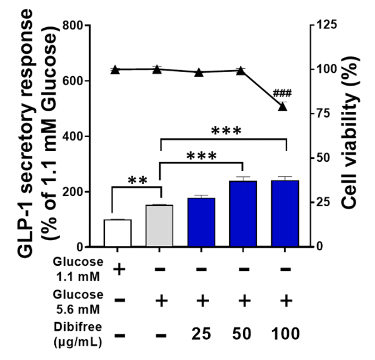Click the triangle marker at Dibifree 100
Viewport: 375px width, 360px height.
283,107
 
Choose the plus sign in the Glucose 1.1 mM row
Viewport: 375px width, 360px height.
118,269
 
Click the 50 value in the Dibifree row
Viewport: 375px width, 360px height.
243,334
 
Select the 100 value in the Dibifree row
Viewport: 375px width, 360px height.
284,334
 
